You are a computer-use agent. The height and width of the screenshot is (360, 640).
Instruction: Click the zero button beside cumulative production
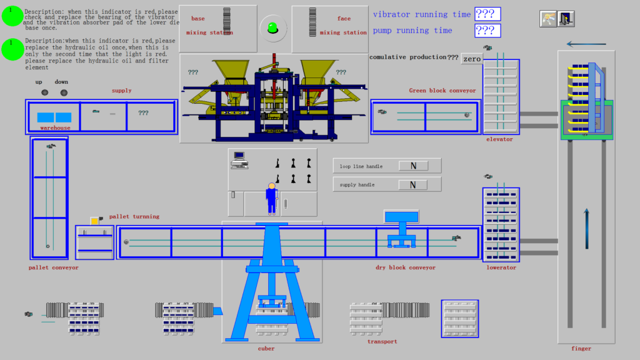coord(472,59)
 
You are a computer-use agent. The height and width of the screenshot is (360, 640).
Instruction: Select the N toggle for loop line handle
coord(413,166)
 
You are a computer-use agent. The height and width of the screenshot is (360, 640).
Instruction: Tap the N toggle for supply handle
coord(412,185)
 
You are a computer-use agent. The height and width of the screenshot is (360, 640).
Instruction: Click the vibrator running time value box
coord(487,14)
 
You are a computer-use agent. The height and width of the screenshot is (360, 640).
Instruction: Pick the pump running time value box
coord(487,31)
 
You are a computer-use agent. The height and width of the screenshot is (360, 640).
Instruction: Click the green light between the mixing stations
coord(272,28)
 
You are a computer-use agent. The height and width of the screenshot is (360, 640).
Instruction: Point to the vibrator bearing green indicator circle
coord(12,16)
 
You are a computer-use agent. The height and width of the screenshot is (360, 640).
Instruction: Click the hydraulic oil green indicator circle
coord(12,50)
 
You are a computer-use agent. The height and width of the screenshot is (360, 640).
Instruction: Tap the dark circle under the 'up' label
coord(45,92)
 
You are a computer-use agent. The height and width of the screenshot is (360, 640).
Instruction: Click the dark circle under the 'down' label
coord(64,92)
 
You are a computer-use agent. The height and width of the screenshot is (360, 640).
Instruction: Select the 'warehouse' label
coord(55,127)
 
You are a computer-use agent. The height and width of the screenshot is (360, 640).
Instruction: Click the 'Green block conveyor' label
coord(442,90)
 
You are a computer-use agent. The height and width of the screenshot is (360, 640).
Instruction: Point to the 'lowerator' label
coord(501,267)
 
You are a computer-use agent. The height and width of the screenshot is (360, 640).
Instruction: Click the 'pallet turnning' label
coord(134,216)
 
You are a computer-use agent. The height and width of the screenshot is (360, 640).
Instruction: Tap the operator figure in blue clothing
coord(271,199)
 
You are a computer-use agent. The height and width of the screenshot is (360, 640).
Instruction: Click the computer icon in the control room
coord(239,161)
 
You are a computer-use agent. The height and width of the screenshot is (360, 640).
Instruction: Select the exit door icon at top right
coord(566,19)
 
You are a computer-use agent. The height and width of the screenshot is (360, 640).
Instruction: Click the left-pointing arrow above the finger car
coord(586,44)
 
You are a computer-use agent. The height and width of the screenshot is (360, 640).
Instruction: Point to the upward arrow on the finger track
coord(586,229)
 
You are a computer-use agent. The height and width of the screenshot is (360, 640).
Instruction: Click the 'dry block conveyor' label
coord(405,267)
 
